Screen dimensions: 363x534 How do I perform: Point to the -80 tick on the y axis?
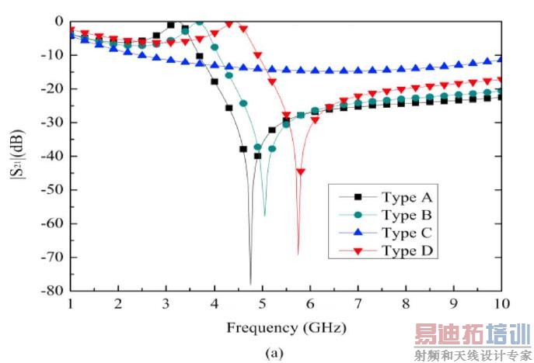pos(52,291)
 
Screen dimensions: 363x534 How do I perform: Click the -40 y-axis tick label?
pos(52,156)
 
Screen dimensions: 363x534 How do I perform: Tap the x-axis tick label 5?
pos(262,304)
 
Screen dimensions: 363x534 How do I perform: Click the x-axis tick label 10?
pos(502,304)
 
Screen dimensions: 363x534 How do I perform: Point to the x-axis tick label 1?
pos(71,304)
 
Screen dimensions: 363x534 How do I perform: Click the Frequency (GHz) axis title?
pos(286,327)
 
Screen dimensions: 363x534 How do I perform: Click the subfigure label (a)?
pos(274,353)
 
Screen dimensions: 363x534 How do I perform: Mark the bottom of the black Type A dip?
pos(250,284)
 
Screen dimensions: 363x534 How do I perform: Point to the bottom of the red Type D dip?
pos(298,254)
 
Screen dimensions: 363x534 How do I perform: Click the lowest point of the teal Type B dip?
pos(264,215)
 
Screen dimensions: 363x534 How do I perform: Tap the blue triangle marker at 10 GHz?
pos(501,58)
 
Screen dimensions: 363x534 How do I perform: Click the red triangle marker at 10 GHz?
pos(501,79)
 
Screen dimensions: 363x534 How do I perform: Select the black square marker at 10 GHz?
pos(501,97)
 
